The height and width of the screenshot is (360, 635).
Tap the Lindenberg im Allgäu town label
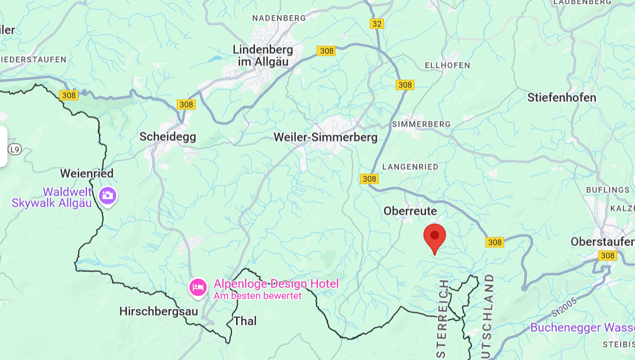[x=263, y=55]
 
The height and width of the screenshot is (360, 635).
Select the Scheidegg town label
[x=168, y=137]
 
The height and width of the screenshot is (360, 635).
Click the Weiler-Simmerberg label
[x=325, y=137]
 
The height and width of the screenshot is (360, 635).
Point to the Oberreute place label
[x=410, y=211]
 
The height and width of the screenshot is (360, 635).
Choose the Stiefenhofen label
[x=561, y=97]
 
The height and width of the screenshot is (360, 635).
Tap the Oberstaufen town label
[x=602, y=242]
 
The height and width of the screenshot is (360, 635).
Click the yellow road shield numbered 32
[x=377, y=24]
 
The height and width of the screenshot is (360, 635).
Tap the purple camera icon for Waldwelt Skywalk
[x=108, y=195]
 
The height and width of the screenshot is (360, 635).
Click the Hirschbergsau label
[x=158, y=312]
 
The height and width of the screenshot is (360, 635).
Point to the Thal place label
[x=245, y=321]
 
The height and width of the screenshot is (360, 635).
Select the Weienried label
[x=87, y=173]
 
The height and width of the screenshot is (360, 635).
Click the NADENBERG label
[x=279, y=18]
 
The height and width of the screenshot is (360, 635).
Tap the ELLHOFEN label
[x=447, y=66]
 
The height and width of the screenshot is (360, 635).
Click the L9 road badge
[x=15, y=150]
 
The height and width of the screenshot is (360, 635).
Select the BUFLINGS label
[x=608, y=190]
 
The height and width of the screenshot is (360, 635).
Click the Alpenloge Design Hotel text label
[x=276, y=283]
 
